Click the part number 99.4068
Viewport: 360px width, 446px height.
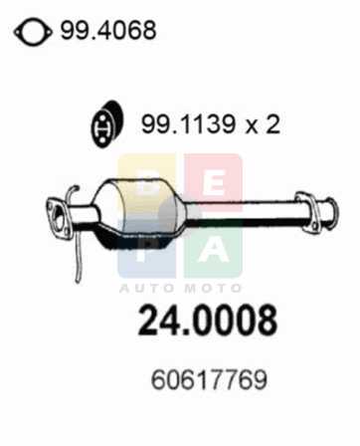107,30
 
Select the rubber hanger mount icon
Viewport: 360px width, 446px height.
107,123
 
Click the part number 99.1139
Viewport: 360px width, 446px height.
188,124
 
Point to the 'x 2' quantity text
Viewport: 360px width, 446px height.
263,124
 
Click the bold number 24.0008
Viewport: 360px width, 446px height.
207,321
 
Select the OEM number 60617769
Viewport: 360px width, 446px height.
209,380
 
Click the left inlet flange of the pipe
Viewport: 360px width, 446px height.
59,218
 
